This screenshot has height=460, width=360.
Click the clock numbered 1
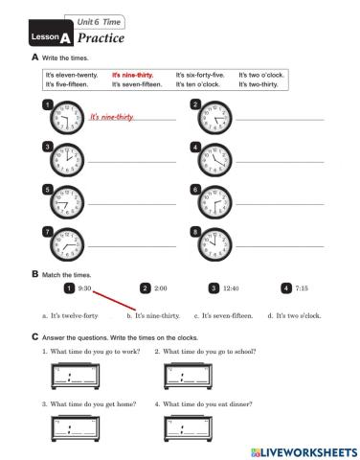point(69,117)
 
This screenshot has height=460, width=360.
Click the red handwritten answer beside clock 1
point(111,117)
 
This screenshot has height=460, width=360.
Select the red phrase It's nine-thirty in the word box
point(133,74)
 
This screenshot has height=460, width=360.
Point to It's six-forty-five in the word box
point(200,74)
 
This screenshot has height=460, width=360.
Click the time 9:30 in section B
point(84,287)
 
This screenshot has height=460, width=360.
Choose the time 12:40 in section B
point(231,287)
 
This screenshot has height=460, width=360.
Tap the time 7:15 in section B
point(302,287)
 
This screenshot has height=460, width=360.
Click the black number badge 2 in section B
point(145,287)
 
